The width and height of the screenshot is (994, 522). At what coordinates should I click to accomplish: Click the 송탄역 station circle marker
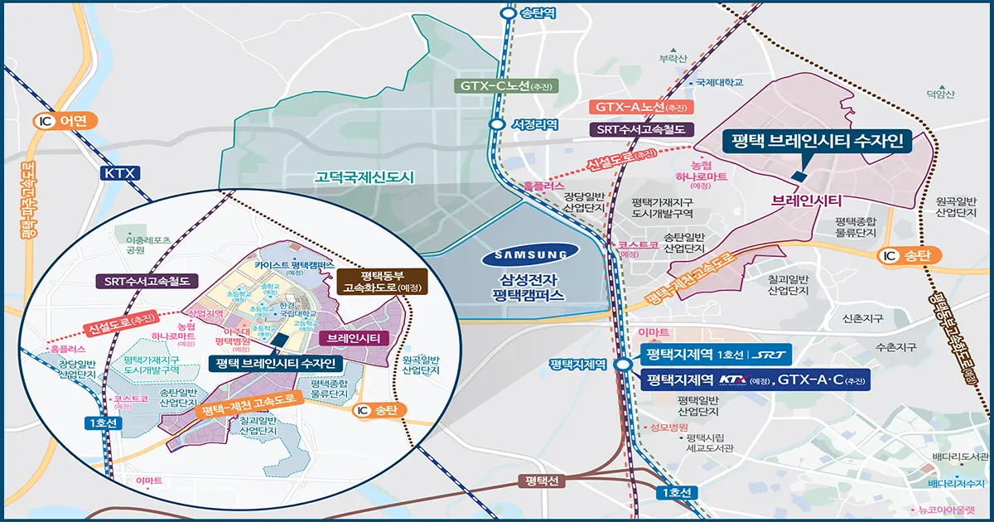[x=507, y=13]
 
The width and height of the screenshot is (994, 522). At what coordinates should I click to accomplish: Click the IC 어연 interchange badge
[x=65, y=121]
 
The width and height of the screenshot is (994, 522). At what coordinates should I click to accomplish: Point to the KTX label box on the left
[x=119, y=173]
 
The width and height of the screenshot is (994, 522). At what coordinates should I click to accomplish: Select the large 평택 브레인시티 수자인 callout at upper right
[x=817, y=142]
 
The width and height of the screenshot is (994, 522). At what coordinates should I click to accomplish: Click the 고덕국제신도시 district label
[x=364, y=177]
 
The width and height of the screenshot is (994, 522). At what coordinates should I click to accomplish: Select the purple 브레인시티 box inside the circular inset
[x=354, y=338]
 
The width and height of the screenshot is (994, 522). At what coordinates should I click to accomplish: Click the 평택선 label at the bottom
[x=543, y=481]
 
